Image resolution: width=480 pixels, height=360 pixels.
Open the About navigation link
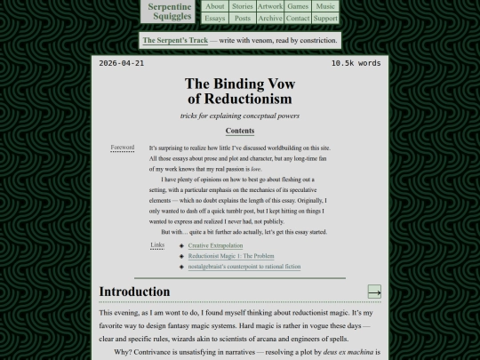coord(215,6)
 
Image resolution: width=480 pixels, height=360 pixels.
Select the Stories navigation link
coord(242,6)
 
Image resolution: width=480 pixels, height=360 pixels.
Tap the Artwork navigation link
coord(270,6)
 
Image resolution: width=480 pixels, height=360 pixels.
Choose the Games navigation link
coord(298,6)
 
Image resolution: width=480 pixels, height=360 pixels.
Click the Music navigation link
coord(326,6)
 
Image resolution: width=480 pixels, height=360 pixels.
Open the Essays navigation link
coord(215,18)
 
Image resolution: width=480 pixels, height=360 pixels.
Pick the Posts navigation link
coord(242,18)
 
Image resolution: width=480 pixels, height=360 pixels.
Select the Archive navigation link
coord(270,18)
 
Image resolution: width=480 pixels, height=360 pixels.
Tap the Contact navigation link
coord(298,18)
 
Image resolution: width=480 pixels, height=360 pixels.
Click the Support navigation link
coord(326,18)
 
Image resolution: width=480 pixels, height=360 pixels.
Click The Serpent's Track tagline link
coord(174,40)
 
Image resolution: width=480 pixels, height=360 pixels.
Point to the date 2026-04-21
coord(122,64)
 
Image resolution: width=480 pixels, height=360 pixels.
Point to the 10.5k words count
coord(356,64)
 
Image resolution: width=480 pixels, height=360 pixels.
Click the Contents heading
coord(240,131)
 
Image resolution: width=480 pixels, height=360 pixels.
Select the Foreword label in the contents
coord(123,148)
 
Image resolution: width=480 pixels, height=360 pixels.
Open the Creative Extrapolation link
coord(215,245)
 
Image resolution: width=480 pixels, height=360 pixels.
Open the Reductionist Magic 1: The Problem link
coord(231,256)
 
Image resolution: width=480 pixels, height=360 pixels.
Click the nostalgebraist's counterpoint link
coord(244,267)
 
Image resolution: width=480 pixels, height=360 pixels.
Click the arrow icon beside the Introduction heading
coord(374,292)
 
